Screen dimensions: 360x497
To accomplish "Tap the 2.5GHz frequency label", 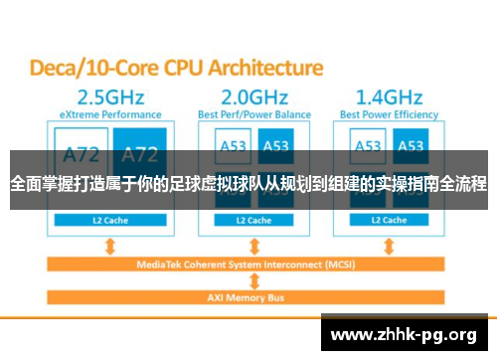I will click(104, 97).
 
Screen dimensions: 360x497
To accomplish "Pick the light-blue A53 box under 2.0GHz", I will click(232, 145).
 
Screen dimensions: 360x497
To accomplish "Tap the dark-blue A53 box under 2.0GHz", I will click(275, 145).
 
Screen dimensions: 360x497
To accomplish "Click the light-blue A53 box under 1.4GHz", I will click(369, 145).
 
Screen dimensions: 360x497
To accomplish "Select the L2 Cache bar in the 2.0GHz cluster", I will click(253, 219).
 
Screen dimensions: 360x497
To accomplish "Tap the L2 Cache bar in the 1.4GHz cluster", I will click(391, 219).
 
